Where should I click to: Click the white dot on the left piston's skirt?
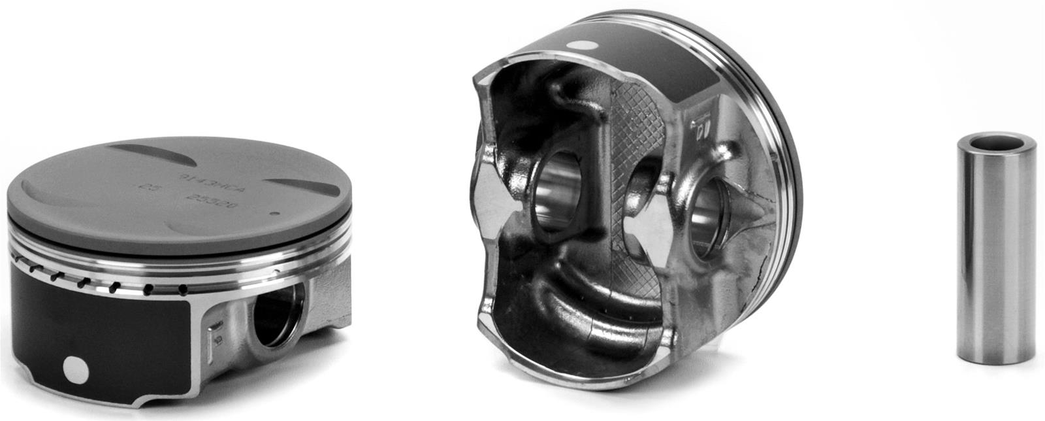pyautogui.click(x=76, y=371)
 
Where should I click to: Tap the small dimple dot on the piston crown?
pyautogui.click(x=274, y=212)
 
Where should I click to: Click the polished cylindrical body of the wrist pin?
pyautogui.click(x=995, y=255)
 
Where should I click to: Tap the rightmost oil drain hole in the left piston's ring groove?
pyautogui.click(x=183, y=288)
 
